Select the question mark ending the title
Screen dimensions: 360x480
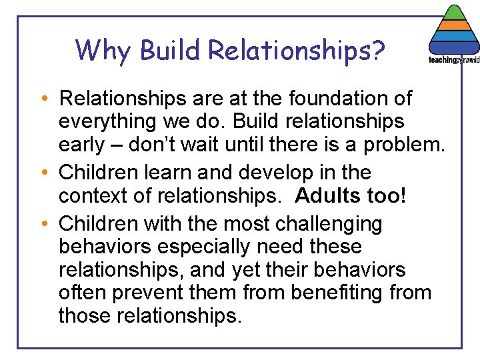378,50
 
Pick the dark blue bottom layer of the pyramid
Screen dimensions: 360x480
454,48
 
